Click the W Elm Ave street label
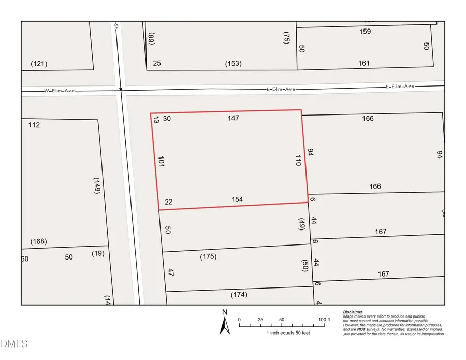point(60,91)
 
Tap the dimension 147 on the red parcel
point(233,119)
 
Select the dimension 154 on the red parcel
point(238,199)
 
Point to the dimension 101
point(161,162)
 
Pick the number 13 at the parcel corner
point(155,120)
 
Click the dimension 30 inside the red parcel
point(167,119)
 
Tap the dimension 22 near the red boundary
point(168,202)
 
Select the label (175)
point(208,256)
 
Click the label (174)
point(239,295)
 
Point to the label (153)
point(234,64)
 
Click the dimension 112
point(35,125)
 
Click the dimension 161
point(364,63)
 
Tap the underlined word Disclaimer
point(353,312)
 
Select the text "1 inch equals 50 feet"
point(288,333)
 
